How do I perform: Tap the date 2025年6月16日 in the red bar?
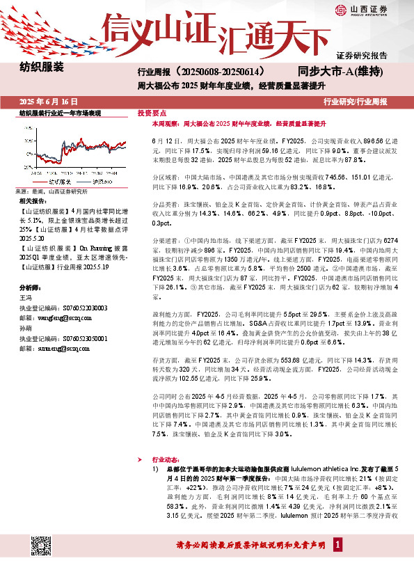pyautogui.click(x=48, y=102)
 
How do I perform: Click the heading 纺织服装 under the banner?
pyautogui.click(x=41, y=68)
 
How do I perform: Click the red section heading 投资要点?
pyautogui.click(x=152, y=112)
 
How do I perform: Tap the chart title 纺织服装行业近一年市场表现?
pyautogui.click(x=61, y=112)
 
